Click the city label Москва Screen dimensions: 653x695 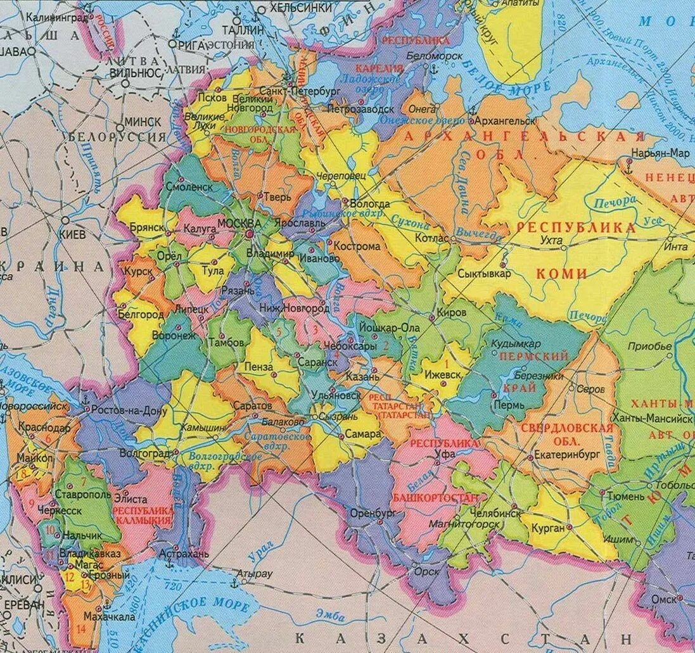[x=239, y=224]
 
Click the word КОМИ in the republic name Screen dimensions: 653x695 [x=561, y=274]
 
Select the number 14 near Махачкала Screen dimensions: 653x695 [x=80, y=629]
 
